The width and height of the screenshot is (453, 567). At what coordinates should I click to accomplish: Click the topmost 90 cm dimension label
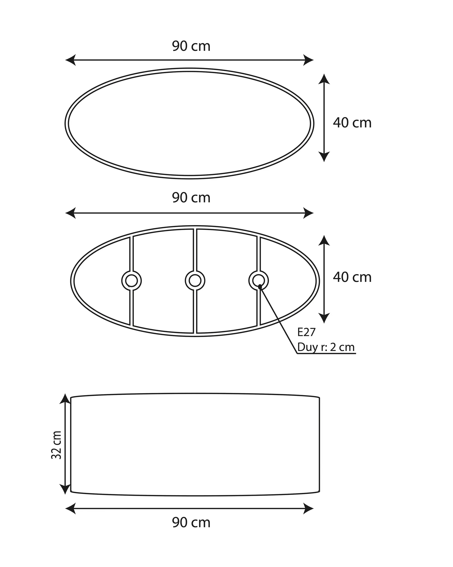(191, 46)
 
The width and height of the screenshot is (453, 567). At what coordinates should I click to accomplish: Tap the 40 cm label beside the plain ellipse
(352, 123)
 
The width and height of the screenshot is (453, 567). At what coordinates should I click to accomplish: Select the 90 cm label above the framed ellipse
(191, 198)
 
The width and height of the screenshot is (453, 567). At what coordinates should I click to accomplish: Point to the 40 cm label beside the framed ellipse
(352, 277)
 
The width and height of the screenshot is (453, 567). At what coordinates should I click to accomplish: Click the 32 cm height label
(56, 445)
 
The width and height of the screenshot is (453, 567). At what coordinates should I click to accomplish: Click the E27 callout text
(306, 332)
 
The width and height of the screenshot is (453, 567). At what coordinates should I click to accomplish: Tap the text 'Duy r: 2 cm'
(326, 347)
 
